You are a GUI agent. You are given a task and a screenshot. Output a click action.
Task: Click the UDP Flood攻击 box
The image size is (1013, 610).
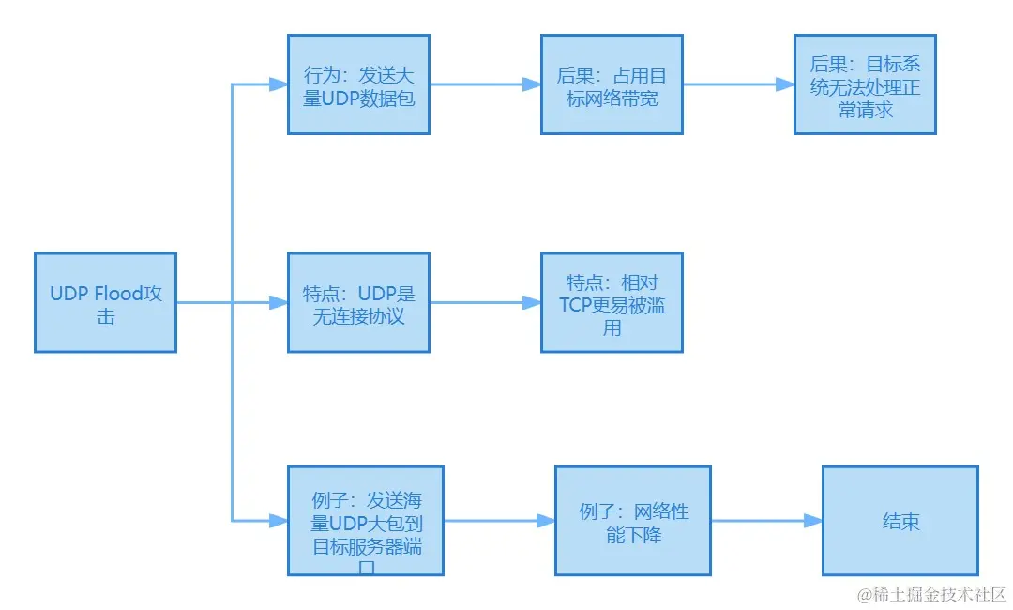click(105, 302)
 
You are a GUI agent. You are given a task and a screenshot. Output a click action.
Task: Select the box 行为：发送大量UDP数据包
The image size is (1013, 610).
click(358, 84)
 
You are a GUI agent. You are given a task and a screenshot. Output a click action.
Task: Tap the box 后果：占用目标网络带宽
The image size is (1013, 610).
click(612, 84)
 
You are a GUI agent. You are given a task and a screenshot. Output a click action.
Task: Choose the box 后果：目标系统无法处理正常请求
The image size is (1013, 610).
click(865, 84)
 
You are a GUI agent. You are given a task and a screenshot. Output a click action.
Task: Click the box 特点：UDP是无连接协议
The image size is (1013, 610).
click(358, 302)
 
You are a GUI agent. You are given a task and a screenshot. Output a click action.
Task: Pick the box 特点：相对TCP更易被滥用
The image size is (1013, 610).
click(612, 302)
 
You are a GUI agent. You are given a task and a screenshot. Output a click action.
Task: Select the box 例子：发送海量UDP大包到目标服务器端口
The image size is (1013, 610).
click(365, 521)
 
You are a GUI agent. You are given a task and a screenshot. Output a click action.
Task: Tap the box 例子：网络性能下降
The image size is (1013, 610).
click(633, 521)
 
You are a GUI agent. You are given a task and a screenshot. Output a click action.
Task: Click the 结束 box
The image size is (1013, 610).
click(900, 521)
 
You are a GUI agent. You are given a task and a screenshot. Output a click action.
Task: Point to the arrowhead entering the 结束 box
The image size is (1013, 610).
click(813, 521)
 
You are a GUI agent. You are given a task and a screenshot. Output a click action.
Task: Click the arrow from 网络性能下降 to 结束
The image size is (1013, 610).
click(760, 521)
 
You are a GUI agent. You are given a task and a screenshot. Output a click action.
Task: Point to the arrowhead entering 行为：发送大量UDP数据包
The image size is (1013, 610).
click(279, 84)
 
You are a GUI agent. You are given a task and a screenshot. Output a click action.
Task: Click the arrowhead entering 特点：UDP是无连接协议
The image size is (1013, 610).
click(279, 302)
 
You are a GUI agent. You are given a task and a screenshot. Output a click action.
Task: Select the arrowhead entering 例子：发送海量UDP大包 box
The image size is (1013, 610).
click(279, 520)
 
